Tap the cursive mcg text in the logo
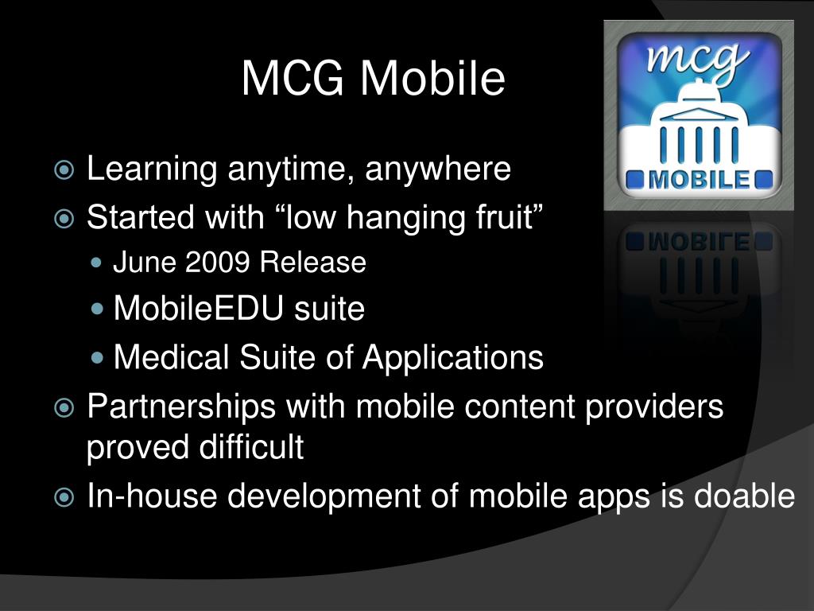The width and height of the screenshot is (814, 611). (x=699, y=60)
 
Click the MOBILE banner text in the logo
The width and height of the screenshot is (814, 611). (x=699, y=179)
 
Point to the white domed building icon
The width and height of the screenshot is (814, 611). (x=699, y=127)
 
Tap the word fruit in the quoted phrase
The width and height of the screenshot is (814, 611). (x=504, y=216)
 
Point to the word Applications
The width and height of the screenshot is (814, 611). (x=453, y=357)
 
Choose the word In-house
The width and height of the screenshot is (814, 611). (x=152, y=496)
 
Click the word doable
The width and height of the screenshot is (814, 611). (x=744, y=496)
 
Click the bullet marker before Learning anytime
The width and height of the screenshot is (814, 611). (x=64, y=170)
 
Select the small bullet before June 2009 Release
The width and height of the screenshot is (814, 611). (x=98, y=263)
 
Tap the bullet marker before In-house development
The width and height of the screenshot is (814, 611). (x=64, y=498)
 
